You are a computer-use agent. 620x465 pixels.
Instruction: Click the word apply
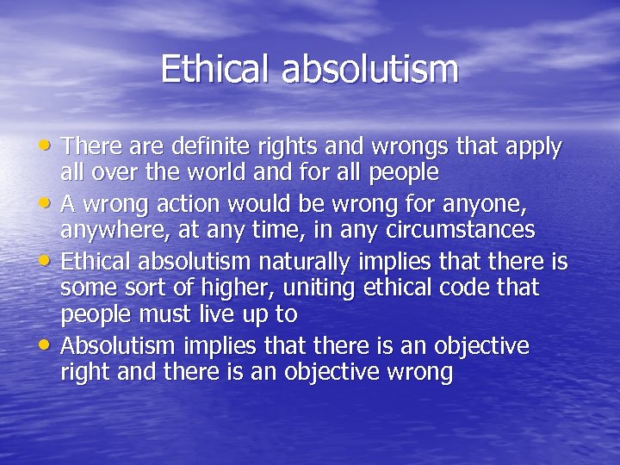[533, 148]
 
